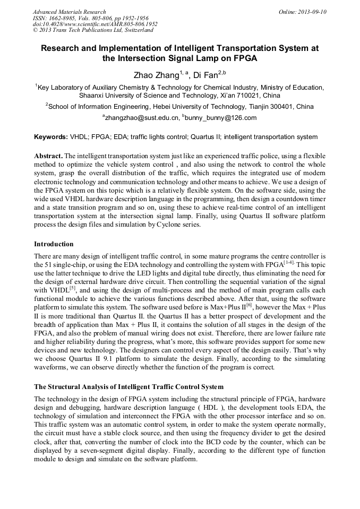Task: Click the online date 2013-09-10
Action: [x=310, y=12]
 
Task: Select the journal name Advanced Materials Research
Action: [x=70, y=12]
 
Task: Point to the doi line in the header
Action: [x=95, y=24]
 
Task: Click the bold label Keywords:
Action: [x=51, y=137]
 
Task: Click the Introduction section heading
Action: [x=54, y=244]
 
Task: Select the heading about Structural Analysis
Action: [x=128, y=386]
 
